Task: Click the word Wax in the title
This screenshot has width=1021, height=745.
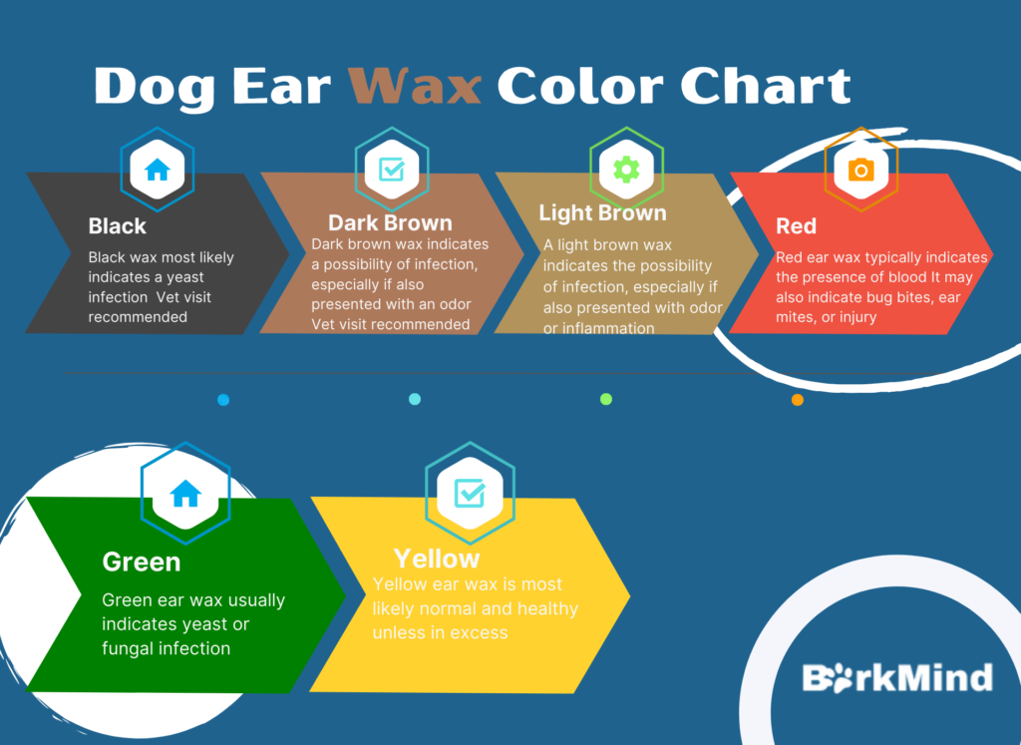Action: [415, 87]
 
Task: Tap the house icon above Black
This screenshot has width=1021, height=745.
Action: [158, 170]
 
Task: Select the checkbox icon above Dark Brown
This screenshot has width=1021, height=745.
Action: [392, 170]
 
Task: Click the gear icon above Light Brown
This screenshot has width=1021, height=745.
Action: [626, 170]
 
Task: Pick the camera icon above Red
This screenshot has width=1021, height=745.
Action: [860, 171]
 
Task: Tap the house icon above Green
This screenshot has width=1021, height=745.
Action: [185, 493]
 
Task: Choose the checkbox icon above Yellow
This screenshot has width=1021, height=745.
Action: [470, 492]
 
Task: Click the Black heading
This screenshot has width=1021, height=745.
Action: [118, 226]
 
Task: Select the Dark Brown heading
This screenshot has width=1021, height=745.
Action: [390, 223]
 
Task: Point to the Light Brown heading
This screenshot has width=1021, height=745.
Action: [602, 213]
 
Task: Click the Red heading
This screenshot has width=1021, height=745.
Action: [796, 226]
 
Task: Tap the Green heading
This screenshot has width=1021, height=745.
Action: [141, 562]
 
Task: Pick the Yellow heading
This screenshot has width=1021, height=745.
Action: [436, 559]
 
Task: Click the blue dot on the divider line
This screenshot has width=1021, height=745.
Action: [223, 400]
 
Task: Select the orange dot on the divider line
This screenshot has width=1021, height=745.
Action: [797, 400]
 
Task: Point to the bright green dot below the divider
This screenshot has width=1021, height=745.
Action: [606, 400]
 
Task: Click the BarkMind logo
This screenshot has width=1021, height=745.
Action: [897, 678]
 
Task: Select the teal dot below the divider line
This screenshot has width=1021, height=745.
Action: [415, 400]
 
